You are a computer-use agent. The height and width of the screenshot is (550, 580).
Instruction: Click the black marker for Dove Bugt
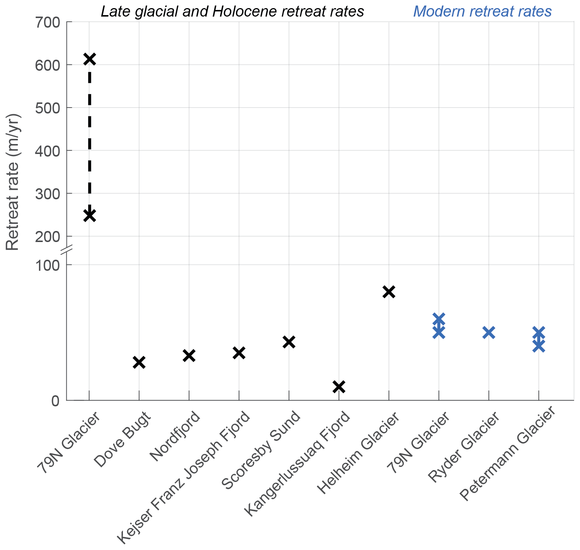click(139, 362)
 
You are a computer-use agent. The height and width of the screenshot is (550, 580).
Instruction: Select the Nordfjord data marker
click(189, 355)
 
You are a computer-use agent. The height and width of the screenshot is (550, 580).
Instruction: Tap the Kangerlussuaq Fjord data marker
click(339, 386)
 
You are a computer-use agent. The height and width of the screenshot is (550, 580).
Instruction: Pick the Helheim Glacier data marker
click(389, 292)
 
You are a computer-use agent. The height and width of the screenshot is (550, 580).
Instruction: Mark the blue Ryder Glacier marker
click(488, 332)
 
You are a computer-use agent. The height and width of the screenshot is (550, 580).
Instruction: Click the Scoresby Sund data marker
click(289, 342)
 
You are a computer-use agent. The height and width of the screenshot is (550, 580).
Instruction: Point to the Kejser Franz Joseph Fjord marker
click(239, 353)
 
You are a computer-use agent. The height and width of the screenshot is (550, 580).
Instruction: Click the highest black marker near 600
click(89, 59)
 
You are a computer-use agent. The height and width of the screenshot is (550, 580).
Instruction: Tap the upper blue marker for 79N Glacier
click(439, 319)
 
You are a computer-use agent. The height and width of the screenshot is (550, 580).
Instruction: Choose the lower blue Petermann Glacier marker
click(538, 346)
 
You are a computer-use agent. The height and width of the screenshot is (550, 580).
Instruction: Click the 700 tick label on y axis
click(47, 22)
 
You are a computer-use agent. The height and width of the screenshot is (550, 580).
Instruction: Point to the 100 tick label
click(47, 265)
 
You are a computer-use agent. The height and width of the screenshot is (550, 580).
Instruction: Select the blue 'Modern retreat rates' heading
click(482, 11)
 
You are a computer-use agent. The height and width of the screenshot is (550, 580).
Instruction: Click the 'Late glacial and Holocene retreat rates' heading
click(232, 11)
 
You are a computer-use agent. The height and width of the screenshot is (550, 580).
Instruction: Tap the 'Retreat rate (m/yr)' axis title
click(13, 182)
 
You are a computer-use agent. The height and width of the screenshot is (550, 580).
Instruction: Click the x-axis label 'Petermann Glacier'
click(508, 457)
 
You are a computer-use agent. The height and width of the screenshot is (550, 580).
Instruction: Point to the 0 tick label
click(56, 401)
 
